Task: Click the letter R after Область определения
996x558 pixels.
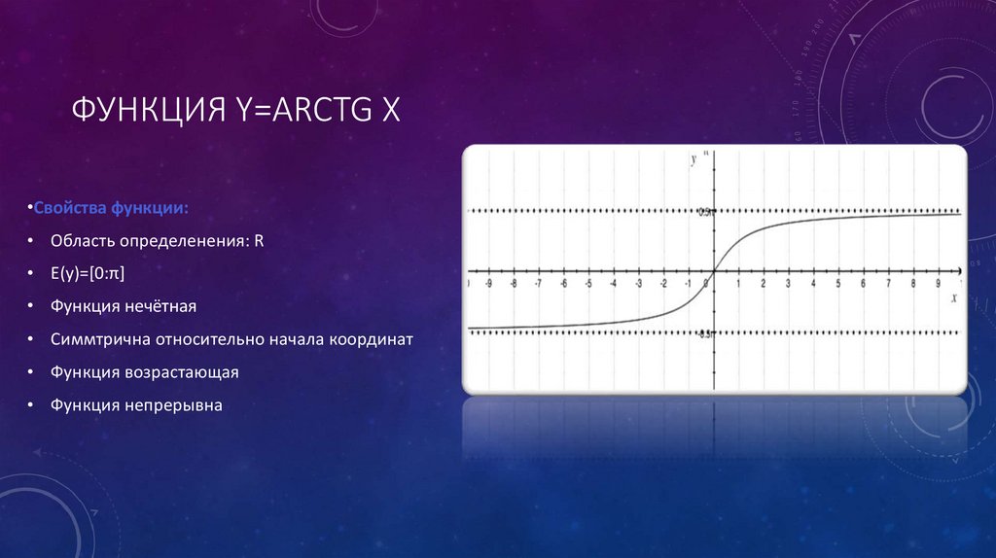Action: tap(260, 240)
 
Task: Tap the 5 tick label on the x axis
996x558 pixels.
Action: tap(838, 284)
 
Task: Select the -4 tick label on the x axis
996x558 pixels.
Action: tap(614, 284)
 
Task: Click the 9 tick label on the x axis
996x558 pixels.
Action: tap(939, 284)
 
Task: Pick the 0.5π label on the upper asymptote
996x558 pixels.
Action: tap(705, 212)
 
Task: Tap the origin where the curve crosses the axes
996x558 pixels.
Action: tap(714, 271)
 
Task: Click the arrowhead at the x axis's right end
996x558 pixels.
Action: tap(959, 271)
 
